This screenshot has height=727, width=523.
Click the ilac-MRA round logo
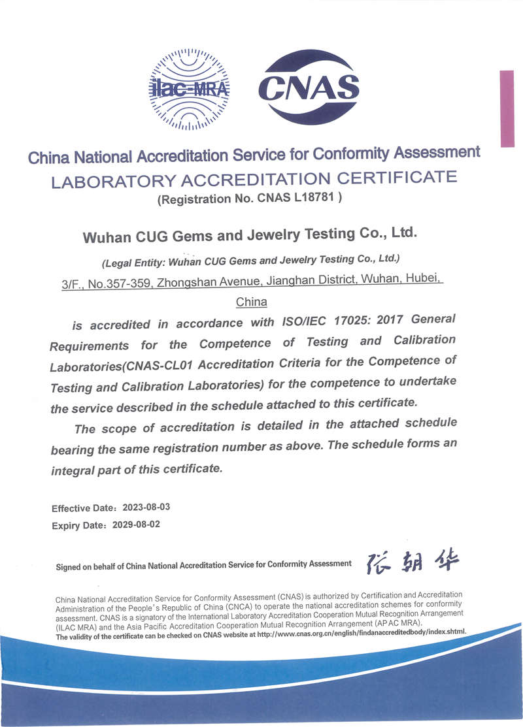189,88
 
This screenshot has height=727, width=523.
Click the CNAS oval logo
309,88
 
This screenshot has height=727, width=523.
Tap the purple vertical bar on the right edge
507,108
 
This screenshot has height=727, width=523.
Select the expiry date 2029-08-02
136,524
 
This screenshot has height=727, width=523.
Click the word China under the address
251,302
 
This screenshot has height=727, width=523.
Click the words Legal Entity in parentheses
133,263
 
